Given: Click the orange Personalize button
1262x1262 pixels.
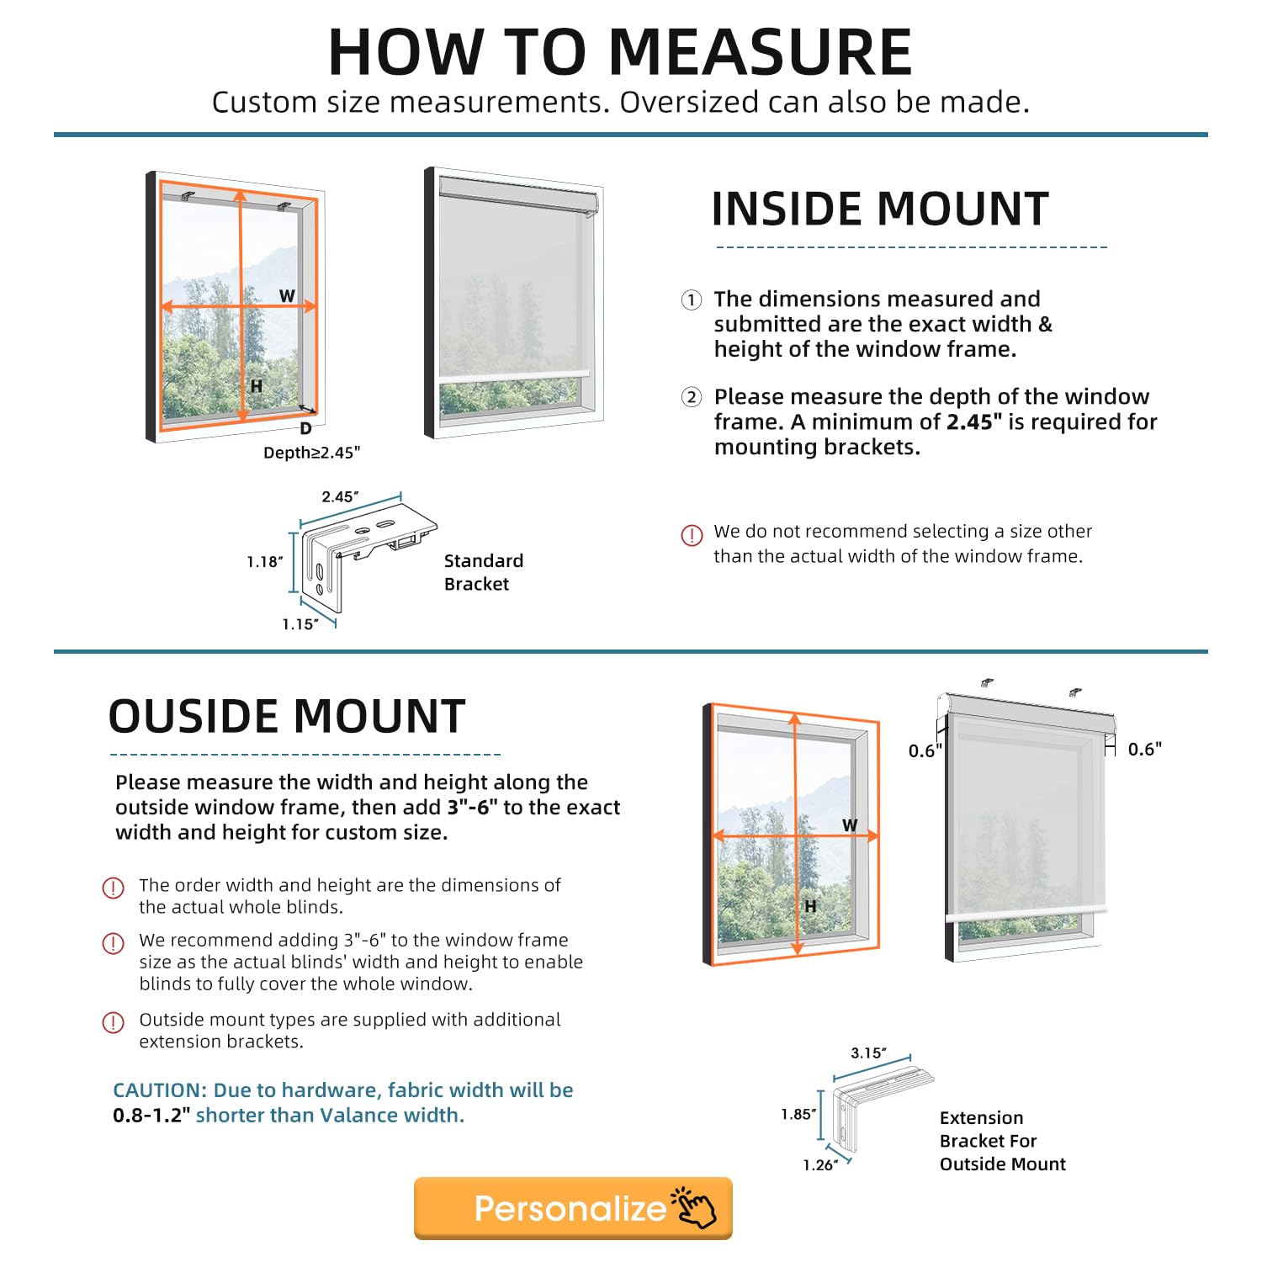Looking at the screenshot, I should pyautogui.click(x=572, y=1208).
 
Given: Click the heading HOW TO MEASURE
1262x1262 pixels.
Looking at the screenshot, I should pyautogui.click(x=620, y=52).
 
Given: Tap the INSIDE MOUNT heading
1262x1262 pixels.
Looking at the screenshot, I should pyautogui.click(x=880, y=209).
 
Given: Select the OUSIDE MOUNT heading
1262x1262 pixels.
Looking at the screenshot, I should pyautogui.click(x=287, y=716).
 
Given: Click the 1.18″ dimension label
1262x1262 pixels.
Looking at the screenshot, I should pyautogui.click(x=264, y=561).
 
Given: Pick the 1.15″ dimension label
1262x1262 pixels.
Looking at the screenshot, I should pyautogui.click(x=300, y=624).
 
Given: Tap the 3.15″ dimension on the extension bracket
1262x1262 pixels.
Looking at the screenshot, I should pyautogui.click(x=868, y=1053).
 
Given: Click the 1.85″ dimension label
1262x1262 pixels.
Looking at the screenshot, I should pyautogui.click(x=798, y=1114).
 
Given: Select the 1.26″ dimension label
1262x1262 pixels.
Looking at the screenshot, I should pyautogui.click(x=819, y=1165).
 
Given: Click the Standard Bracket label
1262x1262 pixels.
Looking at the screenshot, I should pyautogui.click(x=483, y=572).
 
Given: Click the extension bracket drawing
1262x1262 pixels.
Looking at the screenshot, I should pyautogui.click(x=875, y=1106).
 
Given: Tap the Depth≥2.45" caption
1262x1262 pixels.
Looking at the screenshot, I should pyautogui.click(x=311, y=453).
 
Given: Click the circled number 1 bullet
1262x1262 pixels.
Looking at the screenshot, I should pyautogui.click(x=691, y=300).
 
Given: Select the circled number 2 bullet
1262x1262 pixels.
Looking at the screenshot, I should pyautogui.click(x=691, y=397).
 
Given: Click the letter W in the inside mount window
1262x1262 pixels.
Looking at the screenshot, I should pyautogui.click(x=287, y=296).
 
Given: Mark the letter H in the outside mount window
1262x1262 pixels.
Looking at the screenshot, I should pyautogui.click(x=810, y=906).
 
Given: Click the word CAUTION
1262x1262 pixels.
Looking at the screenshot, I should pyautogui.click(x=159, y=1090).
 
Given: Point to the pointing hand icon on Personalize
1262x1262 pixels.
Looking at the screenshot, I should pyautogui.click(x=694, y=1207).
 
